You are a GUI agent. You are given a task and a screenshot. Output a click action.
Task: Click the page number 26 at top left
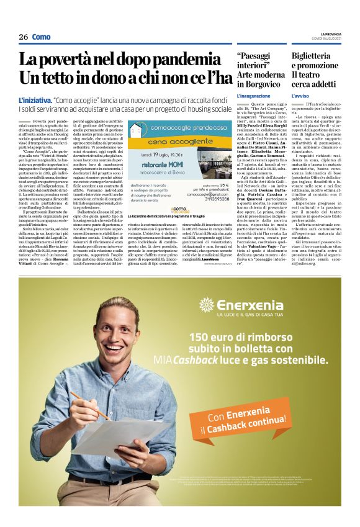[x=23, y=37]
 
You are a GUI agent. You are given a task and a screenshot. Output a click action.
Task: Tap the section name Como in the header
[x=41, y=37]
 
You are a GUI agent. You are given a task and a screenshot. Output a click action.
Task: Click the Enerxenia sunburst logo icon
[x=206, y=305]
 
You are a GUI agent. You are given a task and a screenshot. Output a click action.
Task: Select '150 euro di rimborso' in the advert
[x=245, y=338]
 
